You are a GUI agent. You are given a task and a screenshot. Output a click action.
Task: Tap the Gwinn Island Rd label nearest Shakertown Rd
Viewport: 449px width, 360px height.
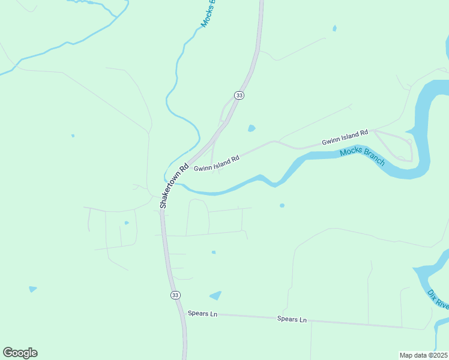pyautogui.click(x=217, y=163)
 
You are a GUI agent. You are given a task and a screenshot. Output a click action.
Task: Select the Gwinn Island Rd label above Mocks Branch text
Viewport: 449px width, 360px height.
pyautogui.click(x=345, y=138)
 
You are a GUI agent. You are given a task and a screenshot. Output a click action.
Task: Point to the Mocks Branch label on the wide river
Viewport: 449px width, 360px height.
pyautogui.click(x=362, y=157)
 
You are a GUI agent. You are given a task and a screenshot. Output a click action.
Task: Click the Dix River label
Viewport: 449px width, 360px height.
pyautogui.click(x=438, y=300)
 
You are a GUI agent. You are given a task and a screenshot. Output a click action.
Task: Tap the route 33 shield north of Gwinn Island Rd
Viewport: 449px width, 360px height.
pyautogui.click(x=240, y=95)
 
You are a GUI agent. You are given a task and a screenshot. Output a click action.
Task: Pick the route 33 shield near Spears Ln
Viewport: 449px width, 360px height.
pyautogui.click(x=175, y=295)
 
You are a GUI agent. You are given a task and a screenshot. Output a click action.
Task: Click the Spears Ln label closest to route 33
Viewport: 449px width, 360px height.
pyautogui.click(x=202, y=313)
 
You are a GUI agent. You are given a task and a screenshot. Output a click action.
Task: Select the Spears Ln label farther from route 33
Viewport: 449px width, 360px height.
pyautogui.click(x=292, y=319)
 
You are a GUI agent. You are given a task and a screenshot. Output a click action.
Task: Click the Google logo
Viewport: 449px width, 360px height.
pyautogui.click(x=20, y=352)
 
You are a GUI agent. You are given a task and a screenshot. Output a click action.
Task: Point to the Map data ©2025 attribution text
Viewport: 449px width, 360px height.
pyautogui.click(x=423, y=355)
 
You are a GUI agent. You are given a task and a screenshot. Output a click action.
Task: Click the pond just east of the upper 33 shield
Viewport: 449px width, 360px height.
pyautogui.click(x=252, y=128)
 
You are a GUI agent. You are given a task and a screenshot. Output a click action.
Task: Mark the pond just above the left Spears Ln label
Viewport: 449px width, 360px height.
pyautogui.click(x=215, y=295)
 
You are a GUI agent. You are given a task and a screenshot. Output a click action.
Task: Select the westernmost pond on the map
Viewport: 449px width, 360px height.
pyautogui.click(x=32, y=289)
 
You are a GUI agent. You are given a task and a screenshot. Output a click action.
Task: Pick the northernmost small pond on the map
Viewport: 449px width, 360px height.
pyautogui.click(x=334, y=28)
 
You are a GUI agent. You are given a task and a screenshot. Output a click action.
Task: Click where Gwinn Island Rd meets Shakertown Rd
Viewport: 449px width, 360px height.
pyautogui.click(x=187, y=165)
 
